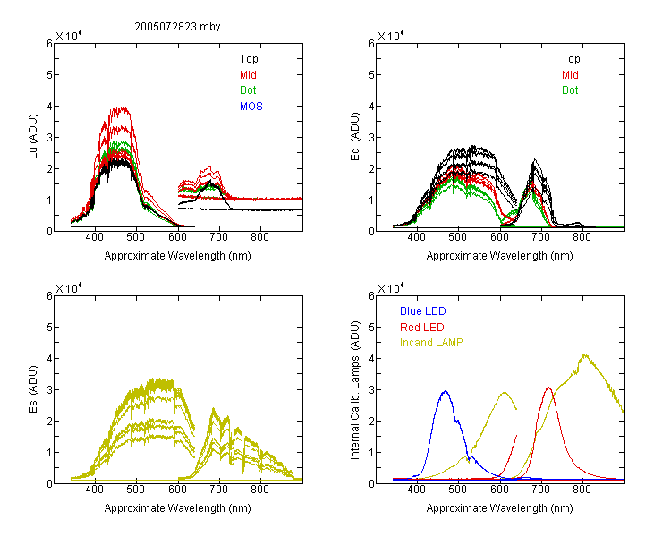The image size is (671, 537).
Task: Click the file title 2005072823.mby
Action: click(177, 27)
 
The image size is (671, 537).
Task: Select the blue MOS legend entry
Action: click(251, 107)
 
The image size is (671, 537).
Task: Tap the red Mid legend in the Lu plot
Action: click(248, 75)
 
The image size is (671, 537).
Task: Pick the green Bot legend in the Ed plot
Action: click(570, 90)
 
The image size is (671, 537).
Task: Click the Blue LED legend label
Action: click(423, 311)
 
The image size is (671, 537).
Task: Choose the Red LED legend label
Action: click(422, 328)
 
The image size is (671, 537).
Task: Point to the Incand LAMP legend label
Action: click(431, 343)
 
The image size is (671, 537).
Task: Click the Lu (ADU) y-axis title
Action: click(33, 137)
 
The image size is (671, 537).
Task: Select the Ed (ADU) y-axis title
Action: click(355, 137)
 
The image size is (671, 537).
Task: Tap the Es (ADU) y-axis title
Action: click(33, 389)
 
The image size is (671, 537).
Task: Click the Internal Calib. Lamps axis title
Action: click(355, 389)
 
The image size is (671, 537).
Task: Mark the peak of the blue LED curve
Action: click(446, 391)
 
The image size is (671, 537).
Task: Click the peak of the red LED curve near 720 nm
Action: click(548, 388)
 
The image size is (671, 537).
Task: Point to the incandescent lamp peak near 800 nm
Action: click(584, 354)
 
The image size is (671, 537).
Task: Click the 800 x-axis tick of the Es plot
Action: click(259, 490)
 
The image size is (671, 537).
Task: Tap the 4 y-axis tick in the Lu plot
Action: click(49, 107)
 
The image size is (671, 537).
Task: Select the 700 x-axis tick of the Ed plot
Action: click(540, 237)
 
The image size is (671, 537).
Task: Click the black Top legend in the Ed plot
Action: click(571, 59)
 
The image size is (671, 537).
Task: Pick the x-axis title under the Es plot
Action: click(178, 508)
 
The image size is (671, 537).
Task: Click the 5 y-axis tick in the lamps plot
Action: click(371, 328)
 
